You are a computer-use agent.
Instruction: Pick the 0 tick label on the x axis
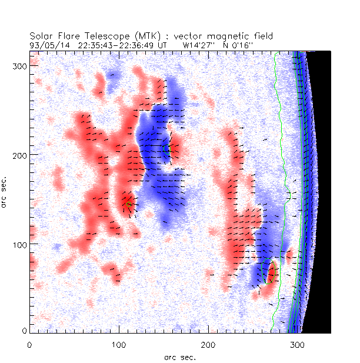[x=29, y=343]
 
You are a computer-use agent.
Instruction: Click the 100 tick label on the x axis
[x=118, y=343]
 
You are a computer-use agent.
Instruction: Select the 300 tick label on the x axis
[x=296, y=343]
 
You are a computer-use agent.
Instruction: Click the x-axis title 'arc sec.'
[x=179, y=357]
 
